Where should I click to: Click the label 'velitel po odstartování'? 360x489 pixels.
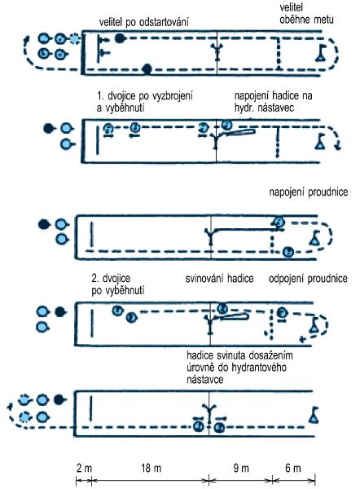pyautogui.click(x=144, y=22)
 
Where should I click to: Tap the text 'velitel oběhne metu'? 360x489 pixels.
pyautogui.click(x=306, y=13)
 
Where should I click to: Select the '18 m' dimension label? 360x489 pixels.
pyautogui.click(x=151, y=468)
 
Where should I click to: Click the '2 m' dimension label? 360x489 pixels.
pyautogui.click(x=84, y=468)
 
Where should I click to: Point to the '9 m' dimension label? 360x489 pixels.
pyautogui.click(x=241, y=468)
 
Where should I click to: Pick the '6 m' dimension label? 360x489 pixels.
pyautogui.click(x=293, y=468)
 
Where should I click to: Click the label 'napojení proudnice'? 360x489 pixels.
pyautogui.click(x=308, y=192)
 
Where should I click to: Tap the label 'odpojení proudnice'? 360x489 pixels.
pyautogui.click(x=308, y=279)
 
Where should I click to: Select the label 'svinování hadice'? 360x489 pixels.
pyautogui.click(x=219, y=278)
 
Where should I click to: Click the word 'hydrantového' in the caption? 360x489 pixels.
pyautogui.click(x=259, y=368)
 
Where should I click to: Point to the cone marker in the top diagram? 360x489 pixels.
pyautogui.click(x=320, y=53)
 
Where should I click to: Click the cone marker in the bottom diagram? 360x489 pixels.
pyautogui.click(x=314, y=415)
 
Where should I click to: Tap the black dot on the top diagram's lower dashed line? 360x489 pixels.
pyautogui.click(x=147, y=68)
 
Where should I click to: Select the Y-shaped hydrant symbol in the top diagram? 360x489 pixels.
pyautogui.click(x=217, y=52)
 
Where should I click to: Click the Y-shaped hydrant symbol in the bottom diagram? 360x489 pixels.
pyautogui.click(x=209, y=412)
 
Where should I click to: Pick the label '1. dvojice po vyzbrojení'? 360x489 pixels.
pyautogui.click(x=145, y=95)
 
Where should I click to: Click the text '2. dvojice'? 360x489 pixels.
pyautogui.click(x=111, y=278)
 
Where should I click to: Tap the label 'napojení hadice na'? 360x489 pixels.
pyautogui.click(x=274, y=95)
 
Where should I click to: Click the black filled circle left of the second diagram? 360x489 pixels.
pyautogui.click(x=48, y=128)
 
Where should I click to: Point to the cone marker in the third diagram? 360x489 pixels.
pyautogui.click(x=314, y=238)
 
